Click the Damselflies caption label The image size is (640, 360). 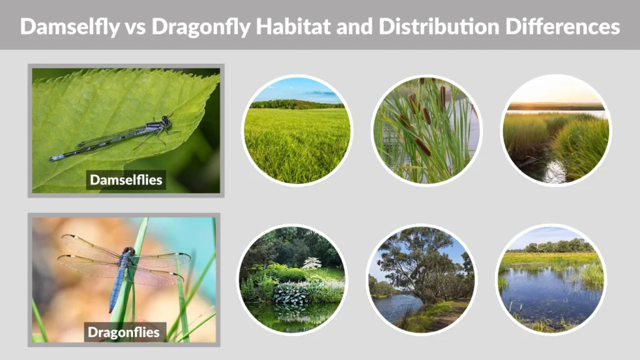(126, 180)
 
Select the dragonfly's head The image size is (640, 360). (129, 251)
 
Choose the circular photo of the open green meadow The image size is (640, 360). (297, 130)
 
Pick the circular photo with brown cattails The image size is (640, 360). (427, 130)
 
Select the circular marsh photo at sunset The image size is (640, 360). (556, 130)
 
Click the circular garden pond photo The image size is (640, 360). (292, 279)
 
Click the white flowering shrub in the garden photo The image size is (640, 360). (312, 263)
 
